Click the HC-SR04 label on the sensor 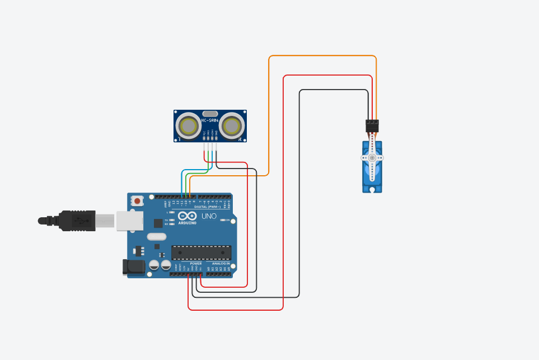point(210,120)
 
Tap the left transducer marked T point(188,126)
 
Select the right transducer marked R point(231,126)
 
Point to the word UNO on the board point(209,216)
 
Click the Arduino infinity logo point(187,216)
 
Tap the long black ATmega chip point(201,253)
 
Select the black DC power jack point(134,267)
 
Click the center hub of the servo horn point(372,158)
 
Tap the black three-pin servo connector point(372,126)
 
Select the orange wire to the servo point(322,56)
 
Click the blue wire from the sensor point(182,182)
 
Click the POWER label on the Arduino point(195,263)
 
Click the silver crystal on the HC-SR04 point(210,113)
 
